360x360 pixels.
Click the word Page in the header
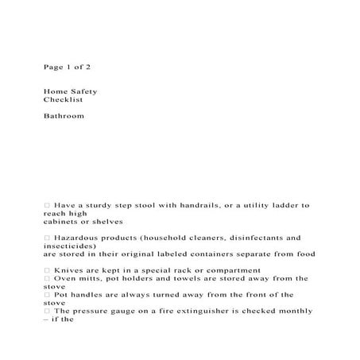coord(52,67)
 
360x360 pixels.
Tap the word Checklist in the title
coord(63,99)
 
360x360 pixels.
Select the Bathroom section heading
coord(64,116)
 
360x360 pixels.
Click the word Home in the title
coord(54,91)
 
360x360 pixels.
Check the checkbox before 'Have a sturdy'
coord(48,205)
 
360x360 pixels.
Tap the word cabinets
coord(61,222)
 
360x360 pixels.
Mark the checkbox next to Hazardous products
coord(48,238)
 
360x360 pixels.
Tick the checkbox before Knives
coord(48,270)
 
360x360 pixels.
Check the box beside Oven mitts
coord(48,278)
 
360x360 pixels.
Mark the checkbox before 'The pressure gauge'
coord(48,311)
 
